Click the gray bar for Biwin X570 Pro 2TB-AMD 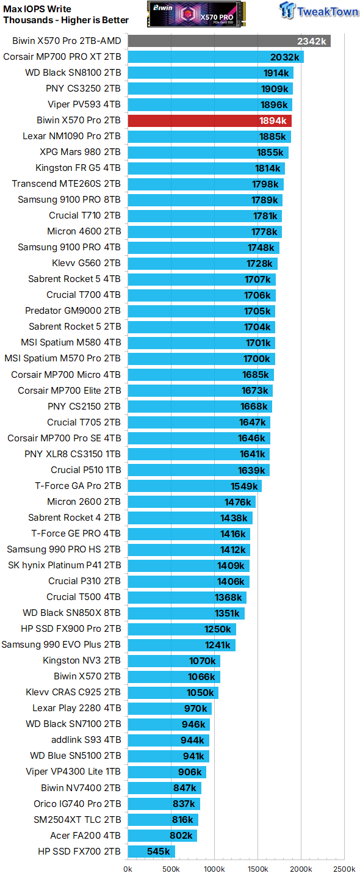coord(229,41)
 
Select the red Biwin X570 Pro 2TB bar coord(209,120)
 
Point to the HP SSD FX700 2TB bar coord(151,851)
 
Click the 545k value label coord(158,851)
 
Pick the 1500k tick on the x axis coord(257,869)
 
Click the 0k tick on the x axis coord(128,869)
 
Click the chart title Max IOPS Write coord(37,9)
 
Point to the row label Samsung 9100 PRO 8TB coord(69,200)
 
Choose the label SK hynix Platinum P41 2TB coord(64,565)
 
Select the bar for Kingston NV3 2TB coord(174,660)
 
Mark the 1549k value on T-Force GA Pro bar coord(245,486)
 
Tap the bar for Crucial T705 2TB coord(199,422)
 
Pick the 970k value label coord(196,708)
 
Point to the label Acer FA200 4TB coord(85,835)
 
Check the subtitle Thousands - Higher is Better coord(66,20)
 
